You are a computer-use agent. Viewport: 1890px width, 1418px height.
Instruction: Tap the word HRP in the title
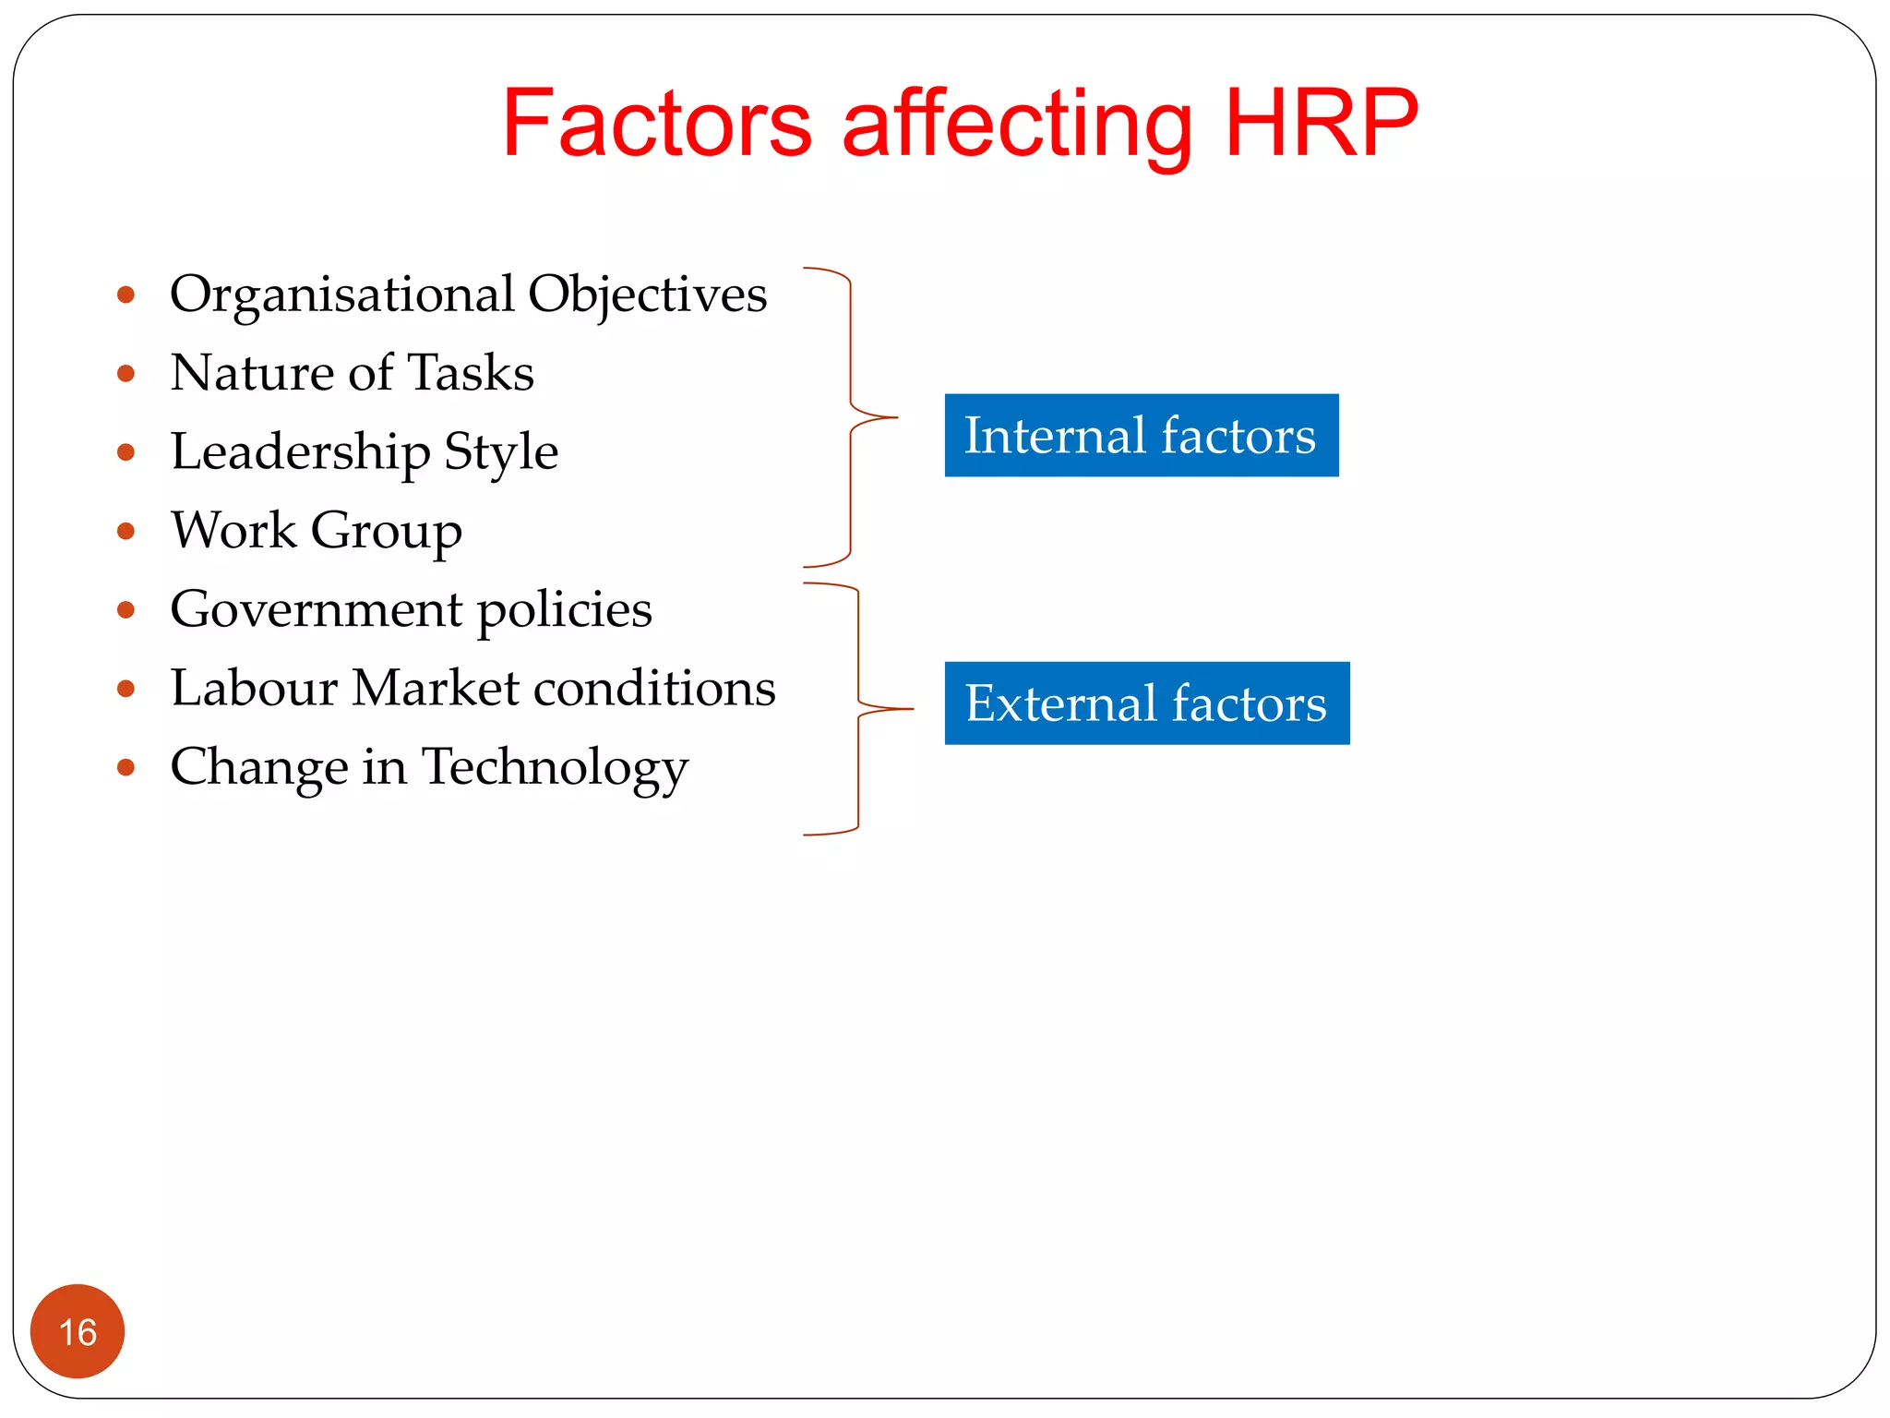(x=1322, y=124)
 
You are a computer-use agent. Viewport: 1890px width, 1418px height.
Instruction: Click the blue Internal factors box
(x=1141, y=436)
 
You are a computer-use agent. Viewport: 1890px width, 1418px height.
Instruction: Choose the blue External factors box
(x=1146, y=703)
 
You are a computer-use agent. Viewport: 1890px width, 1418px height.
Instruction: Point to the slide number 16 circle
(x=78, y=1331)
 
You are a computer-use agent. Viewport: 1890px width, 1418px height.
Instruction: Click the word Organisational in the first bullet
(x=342, y=295)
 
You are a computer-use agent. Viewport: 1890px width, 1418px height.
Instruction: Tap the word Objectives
(x=647, y=295)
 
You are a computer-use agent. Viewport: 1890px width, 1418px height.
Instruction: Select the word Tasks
(x=471, y=373)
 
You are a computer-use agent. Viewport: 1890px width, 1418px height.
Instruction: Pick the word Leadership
(x=300, y=452)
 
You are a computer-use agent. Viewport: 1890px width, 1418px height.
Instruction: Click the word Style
(x=501, y=452)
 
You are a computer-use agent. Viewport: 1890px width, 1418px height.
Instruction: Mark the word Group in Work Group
(x=386, y=532)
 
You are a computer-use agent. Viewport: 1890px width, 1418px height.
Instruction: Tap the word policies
(x=564, y=610)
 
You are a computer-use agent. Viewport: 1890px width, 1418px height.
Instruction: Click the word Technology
(x=555, y=768)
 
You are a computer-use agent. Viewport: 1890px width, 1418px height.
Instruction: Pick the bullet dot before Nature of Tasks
(x=126, y=374)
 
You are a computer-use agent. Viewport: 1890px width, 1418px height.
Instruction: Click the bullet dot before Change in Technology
(x=126, y=767)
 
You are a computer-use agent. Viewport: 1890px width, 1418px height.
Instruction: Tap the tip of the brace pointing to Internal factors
(x=895, y=418)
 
